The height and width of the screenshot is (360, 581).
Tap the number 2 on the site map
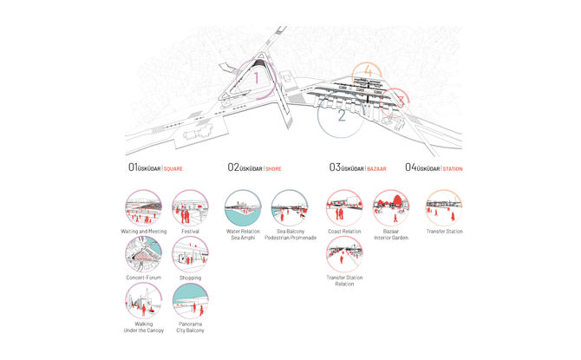[342, 114]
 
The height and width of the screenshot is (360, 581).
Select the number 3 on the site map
[401, 101]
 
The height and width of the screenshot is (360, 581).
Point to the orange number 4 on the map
[369, 70]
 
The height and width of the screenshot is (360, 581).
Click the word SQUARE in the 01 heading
[173, 167]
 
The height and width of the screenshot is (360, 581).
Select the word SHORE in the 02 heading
[272, 167]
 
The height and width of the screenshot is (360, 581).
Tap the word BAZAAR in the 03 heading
[377, 167]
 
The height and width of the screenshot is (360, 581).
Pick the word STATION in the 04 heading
[454, 167]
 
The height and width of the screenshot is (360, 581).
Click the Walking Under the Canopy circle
[143, 301]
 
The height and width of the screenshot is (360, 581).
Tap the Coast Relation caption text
[344, 232]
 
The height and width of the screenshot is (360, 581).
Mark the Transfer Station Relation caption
[344, 281]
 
